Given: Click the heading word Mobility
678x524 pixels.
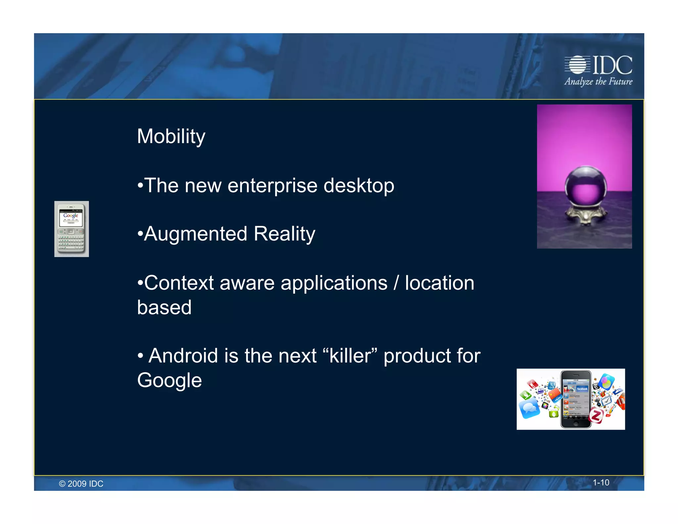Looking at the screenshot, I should click(171, 136).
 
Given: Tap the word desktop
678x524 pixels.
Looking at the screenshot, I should click(359, 185).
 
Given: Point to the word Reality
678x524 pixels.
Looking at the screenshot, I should click(284, 234).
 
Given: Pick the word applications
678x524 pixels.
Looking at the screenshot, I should click(334, 284).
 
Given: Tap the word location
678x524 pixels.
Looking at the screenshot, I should click(440, 283).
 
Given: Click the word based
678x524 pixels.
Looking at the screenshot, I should click(165, 307).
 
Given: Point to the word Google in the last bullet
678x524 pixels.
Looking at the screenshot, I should click(169, 380).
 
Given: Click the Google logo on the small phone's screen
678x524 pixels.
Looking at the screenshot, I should click(71, 215).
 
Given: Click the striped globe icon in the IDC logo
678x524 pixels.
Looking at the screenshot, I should click(577, 65).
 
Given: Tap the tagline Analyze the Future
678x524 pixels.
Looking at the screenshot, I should click(598, 81).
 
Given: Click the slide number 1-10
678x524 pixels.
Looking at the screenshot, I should click(601, 483).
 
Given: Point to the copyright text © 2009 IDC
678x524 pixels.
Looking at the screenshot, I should click(81, 484).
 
